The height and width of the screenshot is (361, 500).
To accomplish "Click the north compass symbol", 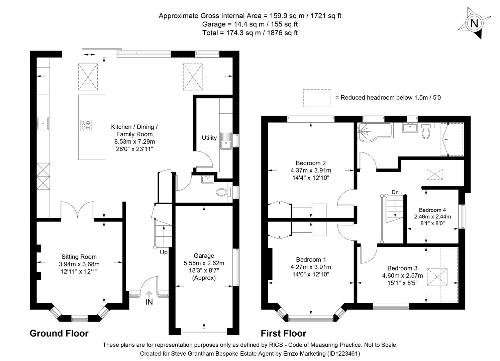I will pyautogui.click(x=474, y=23).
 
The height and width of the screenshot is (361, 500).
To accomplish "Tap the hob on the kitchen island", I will pyautogui.click(x=85, y=125).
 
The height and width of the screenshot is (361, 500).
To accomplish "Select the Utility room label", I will pyautogui.click(x=209, y=138).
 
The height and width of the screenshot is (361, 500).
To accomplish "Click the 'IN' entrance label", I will pyautogui.click(x=149, y=302).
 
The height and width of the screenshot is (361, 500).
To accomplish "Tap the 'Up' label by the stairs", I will pyautogui.click(x=164, y=252).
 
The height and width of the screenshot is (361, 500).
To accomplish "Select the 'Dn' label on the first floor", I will pyautogui.click(x=395, y=192).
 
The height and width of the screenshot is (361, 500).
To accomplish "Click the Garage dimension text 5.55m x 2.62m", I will pyautogui.click(x=204, y=263).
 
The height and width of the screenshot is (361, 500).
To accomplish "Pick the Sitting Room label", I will pyautogui.click(x=79, y=257).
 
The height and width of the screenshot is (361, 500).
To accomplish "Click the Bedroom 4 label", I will pyautogui.click(x=432, y=210).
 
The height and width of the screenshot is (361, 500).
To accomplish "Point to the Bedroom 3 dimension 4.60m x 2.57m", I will pyautogui.click(x=402, y=276).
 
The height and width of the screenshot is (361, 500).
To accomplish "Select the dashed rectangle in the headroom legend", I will pyautogui.click(x=316, y=98).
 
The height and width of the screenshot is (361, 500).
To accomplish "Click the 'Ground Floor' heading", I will pyautogui.click(x=59, y=333).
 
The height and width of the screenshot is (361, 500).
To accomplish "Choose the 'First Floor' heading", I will pyautogui.click(x=283, y=333).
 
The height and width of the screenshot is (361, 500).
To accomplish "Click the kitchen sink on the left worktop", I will pyautogui.click(x=43, y=123).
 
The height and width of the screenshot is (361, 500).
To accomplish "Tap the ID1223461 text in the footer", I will pyautogui.click(x=344, y=353).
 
